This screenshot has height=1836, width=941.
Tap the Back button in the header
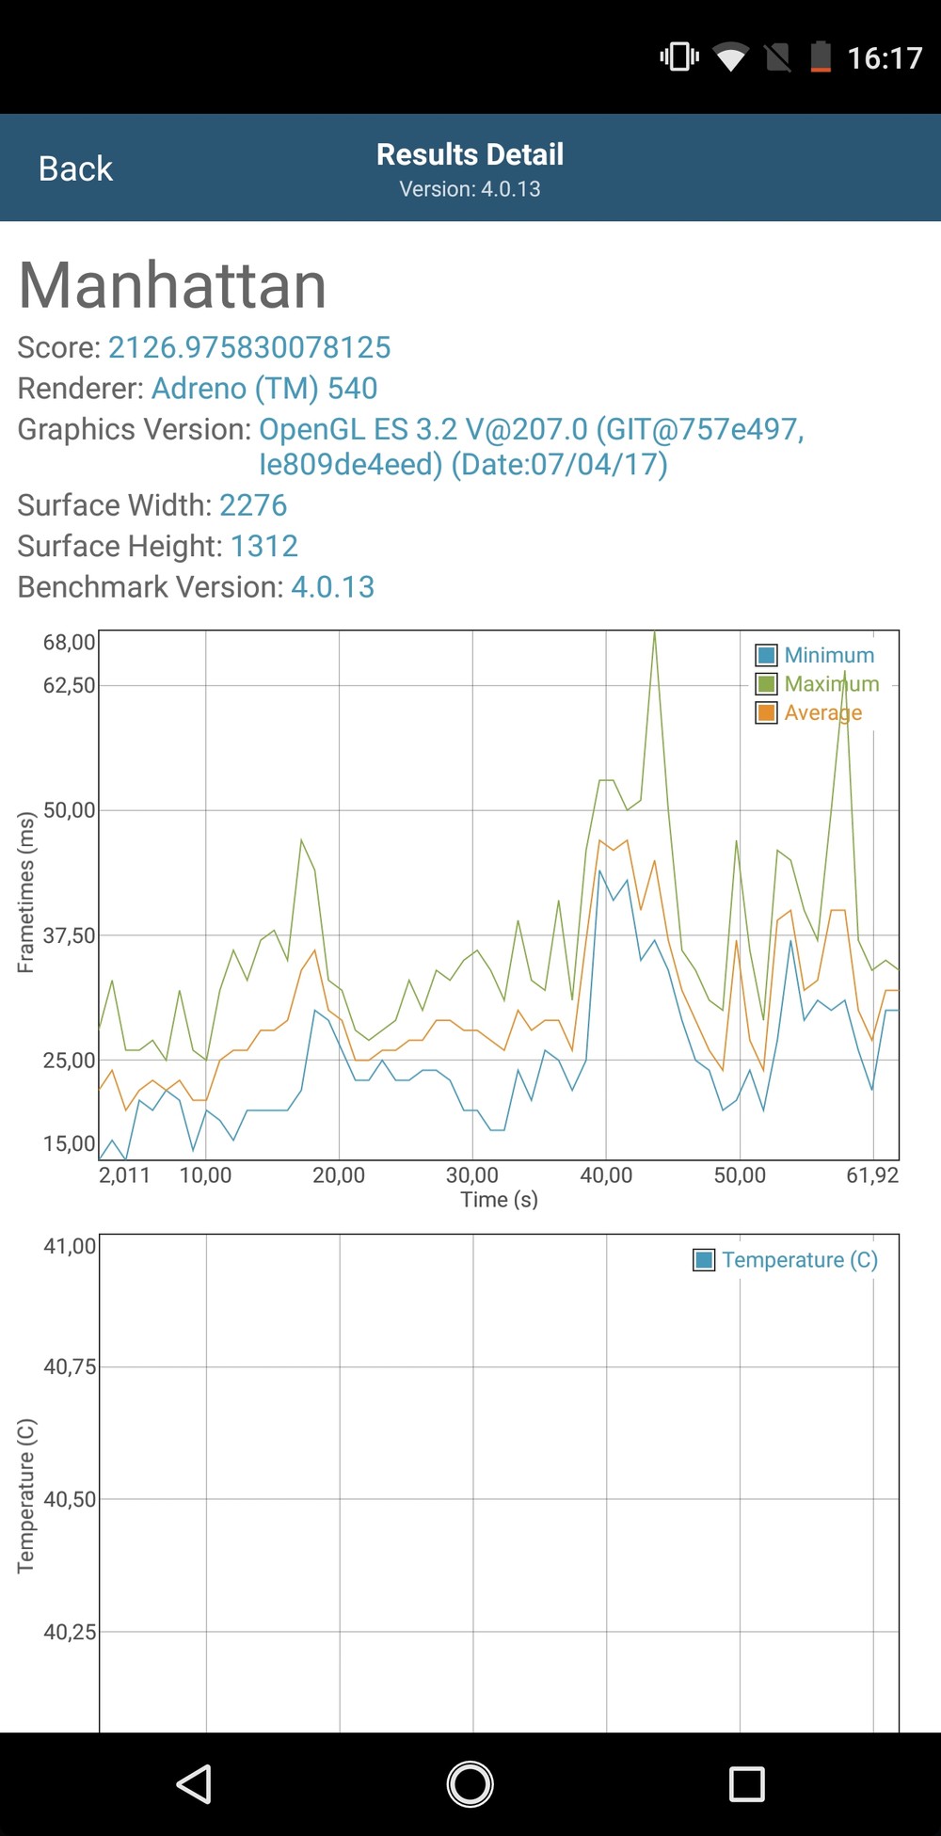pyautogui.click(x=75, y=168)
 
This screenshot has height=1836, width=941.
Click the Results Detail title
pyautogui.click(x=470, y=154)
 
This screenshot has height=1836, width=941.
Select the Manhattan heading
pyautogui.click(x=173, y=285)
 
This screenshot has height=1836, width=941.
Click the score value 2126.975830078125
pyautogui.click(x=249, y=347)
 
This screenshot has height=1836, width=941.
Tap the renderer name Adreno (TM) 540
pyautogui.click(x=264, y=388)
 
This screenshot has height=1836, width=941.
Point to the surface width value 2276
pyautogui.click(x=253, y=505)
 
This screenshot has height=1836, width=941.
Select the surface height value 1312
pyautogui.click(x=263, y=546)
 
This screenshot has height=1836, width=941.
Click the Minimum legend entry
pyautogui.click(x=816, y=655)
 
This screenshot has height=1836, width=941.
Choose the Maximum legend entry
pyautogui.click(x=818, y=684)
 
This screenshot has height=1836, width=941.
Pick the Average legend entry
pyautogui.click(x=809, y=712)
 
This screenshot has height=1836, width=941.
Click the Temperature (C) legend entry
pyautogui.click(x=786, y=1260)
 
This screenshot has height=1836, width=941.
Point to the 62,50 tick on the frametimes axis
pyautogui.click(x=70, y=685)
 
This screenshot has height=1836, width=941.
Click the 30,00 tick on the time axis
pyautogui.click(x=472, y=1174)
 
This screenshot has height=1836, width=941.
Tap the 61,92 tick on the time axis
pyautogui.click(x=872, y=1174)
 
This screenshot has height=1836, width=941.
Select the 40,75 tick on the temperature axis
pyautogui.click(x=70, y=1366)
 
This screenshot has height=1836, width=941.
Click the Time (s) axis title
pyautogui.click(x=499, y=1200)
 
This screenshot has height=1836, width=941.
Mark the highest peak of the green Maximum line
pyautogui.click(x=655, y=632)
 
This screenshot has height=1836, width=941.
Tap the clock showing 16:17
pyautogui.click(x=885, y=58)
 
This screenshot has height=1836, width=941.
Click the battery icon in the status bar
pyautogui.click(x=821, y=57)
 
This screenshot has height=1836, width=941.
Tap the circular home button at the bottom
pyautogui.click(x=470, y=1783)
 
